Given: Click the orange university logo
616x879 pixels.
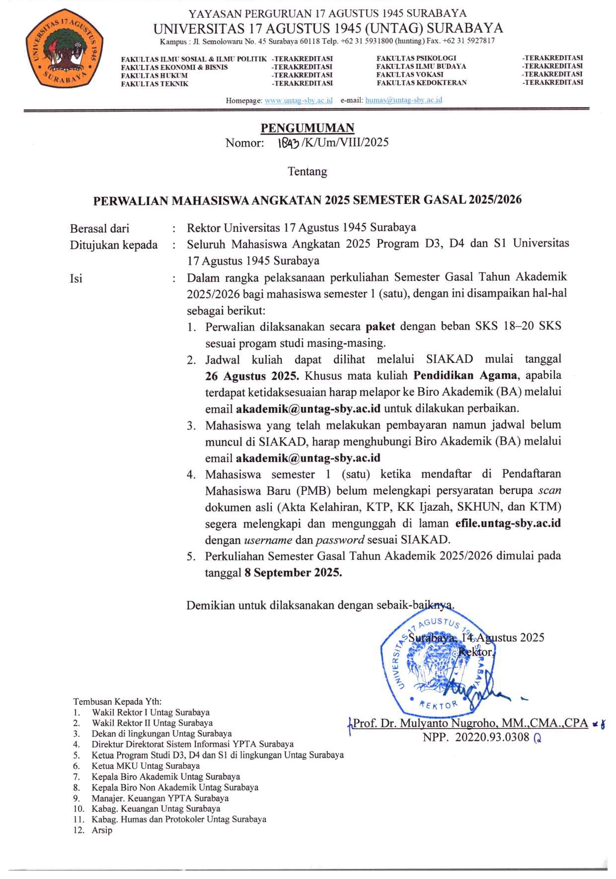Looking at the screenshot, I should (65, 48).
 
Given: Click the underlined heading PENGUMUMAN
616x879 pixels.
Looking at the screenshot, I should (308, 128).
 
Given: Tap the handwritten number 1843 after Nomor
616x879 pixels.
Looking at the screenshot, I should (288, 143).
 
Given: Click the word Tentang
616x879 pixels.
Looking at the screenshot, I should (308, 172).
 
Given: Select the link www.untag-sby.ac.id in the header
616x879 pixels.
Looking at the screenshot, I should (299, 101).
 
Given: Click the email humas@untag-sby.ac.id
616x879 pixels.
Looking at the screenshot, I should (403, 100).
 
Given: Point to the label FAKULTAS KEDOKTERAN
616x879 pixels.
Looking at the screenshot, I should (421, 83).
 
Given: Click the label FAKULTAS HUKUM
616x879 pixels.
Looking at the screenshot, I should (154, 75).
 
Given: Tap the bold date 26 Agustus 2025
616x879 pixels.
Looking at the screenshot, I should (252, 376).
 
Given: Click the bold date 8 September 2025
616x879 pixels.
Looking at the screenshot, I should (293, 573).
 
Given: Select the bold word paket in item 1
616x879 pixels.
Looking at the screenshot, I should (380, 327).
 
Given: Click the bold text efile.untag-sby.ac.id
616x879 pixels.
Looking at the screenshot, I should (508, 523).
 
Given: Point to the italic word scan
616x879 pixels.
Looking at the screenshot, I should (549, 490).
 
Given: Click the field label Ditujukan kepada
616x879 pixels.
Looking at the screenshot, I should (114, 245).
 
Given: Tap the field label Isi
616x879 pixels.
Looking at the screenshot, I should (76, 278).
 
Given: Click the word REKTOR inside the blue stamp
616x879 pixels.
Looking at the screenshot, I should (438, 704).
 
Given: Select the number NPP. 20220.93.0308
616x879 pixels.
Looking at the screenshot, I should (476, 738).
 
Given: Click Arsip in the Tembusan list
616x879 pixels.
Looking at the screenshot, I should (102, 830).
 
